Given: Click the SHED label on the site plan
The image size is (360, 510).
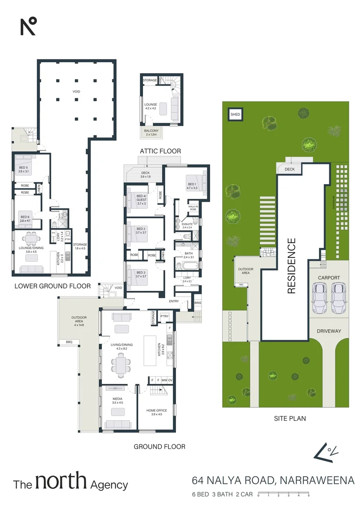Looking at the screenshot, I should pos(234,115).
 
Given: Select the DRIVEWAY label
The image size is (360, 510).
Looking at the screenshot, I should pos(329,331).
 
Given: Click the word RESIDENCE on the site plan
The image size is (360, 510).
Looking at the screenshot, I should pos(292,266).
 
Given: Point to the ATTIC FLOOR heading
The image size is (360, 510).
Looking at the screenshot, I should pos(160,151).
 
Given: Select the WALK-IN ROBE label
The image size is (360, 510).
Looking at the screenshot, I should pos(193,208).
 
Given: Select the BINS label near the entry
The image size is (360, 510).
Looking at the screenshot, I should pos(197,303).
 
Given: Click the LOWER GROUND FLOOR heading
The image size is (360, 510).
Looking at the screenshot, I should pos(52,286).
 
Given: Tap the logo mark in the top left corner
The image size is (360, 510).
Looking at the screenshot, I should pos(28,26).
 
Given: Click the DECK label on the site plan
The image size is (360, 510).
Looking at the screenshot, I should pos(289,169).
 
